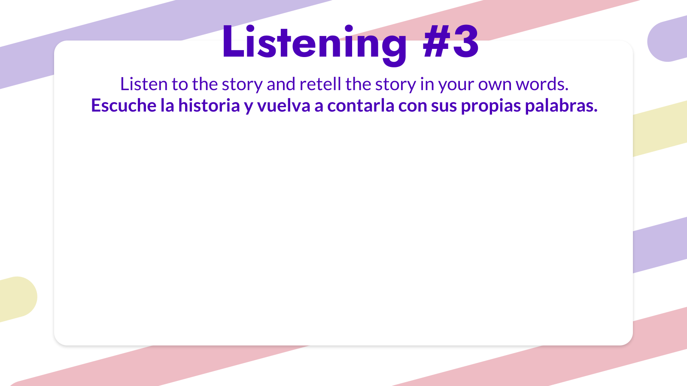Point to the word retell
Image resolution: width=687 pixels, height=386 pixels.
320,84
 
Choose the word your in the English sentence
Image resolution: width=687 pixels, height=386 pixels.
456,85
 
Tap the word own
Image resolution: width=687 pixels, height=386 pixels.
495,85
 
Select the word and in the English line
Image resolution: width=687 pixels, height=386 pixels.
281,84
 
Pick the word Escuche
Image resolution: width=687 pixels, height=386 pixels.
124,106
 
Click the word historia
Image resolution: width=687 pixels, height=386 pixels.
209,106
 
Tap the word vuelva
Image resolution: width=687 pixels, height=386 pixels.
284,106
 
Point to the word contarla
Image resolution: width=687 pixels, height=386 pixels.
361,106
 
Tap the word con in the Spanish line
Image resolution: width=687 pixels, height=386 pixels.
413,107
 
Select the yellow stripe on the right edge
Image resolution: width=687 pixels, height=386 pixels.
660,129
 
